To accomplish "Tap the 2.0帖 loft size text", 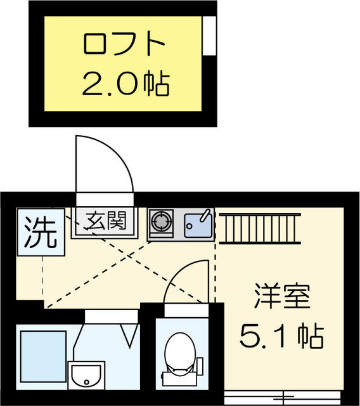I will coord(125,83).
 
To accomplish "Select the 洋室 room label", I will coord(282,296).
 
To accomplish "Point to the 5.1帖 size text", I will coord(282,336).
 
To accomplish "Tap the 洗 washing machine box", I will coord(40,232).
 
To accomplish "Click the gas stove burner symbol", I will coord(161,223).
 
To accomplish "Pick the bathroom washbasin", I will coord(87,377).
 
